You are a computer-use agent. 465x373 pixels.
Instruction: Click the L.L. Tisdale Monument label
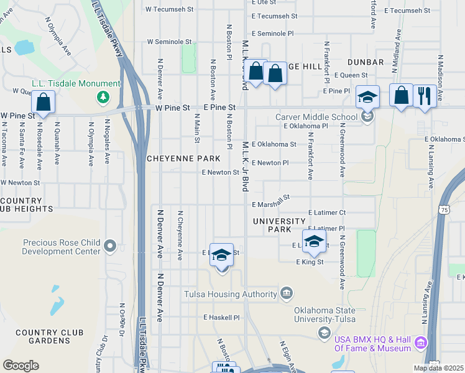coord(76,84)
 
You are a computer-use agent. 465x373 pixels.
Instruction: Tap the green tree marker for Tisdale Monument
coord(103,97)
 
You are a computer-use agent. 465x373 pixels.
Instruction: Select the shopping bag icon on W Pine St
coord(43,103)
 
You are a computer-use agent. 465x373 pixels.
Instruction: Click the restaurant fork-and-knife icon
coord(425,96)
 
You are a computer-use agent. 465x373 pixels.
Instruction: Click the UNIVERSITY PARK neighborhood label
coord(279,225)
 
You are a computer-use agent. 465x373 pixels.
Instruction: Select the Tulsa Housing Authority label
coord(231,294)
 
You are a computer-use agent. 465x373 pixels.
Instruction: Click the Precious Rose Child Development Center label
coord(62,247)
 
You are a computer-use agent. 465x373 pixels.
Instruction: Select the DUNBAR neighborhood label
coord(366,62)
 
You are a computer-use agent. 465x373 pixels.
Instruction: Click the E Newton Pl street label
coord(270,163)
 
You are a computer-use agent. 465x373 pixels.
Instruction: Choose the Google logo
coord(21,366)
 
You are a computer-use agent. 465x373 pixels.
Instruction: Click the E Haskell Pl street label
coord(221,317)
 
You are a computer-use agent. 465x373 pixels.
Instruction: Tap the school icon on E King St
coord(315,242)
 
